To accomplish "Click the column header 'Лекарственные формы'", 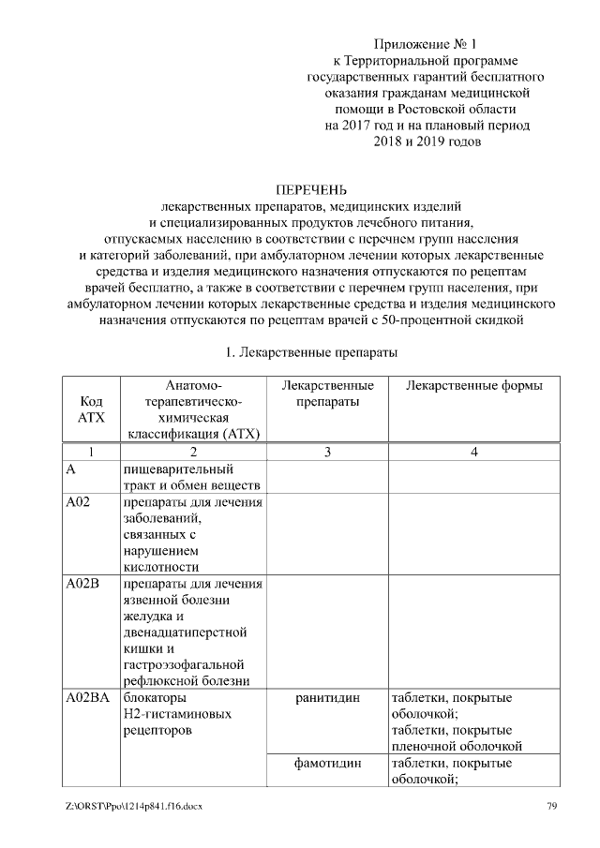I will point(474,386).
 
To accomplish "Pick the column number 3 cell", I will point(326,453).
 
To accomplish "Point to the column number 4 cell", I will point(474,453).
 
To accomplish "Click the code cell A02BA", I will point(89,698).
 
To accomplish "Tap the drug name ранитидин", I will point(326,698).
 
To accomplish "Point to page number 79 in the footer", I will point(552,806).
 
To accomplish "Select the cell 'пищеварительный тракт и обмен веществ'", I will point(191,476).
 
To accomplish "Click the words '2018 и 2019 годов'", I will point(427,141).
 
